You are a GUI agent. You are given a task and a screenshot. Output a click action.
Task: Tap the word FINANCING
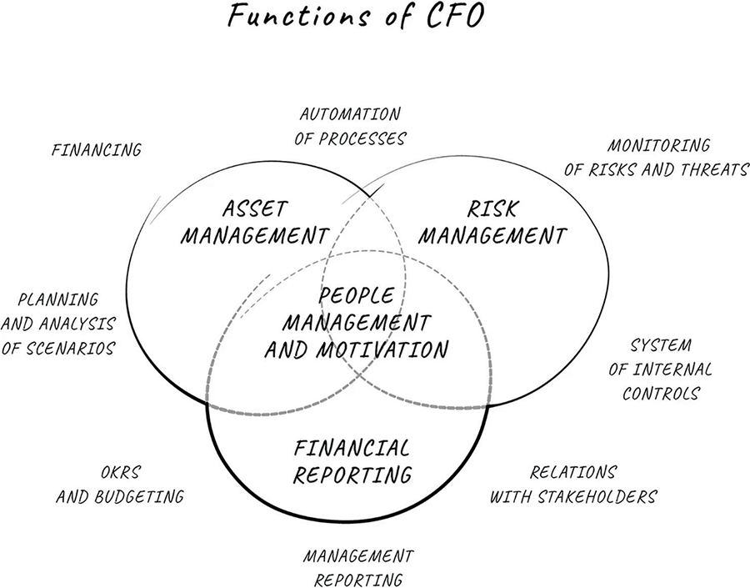coord(97,150)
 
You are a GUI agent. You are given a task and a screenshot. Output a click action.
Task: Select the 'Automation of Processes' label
coord(350,126)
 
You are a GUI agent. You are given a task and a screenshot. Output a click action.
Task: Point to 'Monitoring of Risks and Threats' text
coord(657,158)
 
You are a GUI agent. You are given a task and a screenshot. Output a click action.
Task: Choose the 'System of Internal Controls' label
coord(663,368)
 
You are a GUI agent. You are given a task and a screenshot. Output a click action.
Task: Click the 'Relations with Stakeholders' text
coord(573,485)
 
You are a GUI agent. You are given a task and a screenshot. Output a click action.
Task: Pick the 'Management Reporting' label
coord(358,567)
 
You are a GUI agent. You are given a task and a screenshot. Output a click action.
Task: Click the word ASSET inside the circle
coord(254,207)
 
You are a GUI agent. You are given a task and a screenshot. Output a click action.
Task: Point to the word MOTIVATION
coord(391,349)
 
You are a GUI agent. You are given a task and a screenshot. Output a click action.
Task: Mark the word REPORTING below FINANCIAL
coord(353,475)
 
